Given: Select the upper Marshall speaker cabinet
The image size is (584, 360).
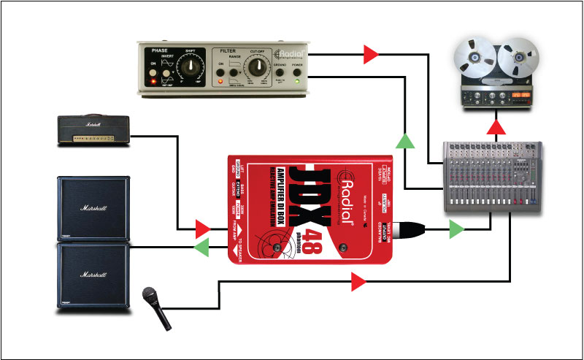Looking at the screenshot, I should click(x=95, y=209).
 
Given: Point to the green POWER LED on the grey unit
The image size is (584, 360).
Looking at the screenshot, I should click(x=299, y=80).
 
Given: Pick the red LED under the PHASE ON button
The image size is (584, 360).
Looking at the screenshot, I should click(x=153, y=81).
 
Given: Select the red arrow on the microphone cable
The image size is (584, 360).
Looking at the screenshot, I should click(x=358, y=281).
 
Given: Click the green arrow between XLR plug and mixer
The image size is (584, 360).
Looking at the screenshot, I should click(x=456, y=231).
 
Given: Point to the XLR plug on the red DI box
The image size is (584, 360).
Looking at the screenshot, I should click(x=414, y=231).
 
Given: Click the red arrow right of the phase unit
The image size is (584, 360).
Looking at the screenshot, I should click(x=371, y=53).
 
